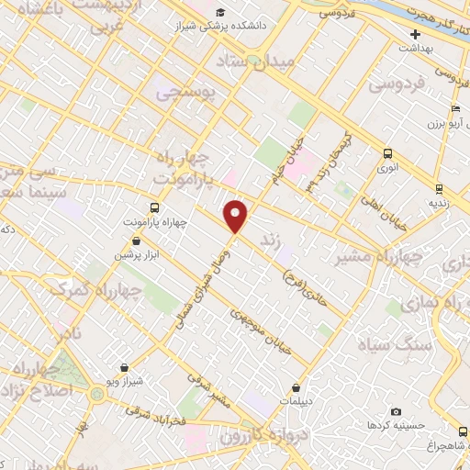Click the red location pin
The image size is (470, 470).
tap(236, 217)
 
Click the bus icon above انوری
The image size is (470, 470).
tap(388, 153)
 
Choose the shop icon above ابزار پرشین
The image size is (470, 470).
tap(136, 241)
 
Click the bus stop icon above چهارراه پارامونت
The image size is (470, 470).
tap(154, 207)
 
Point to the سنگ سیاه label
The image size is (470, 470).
tap(415, 345)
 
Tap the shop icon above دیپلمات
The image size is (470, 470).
tap(296, 388)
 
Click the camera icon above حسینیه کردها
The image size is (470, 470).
tap(396, 411)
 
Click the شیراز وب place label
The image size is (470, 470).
tap(126, 379)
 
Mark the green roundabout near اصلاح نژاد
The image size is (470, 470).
tap(96, 394)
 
